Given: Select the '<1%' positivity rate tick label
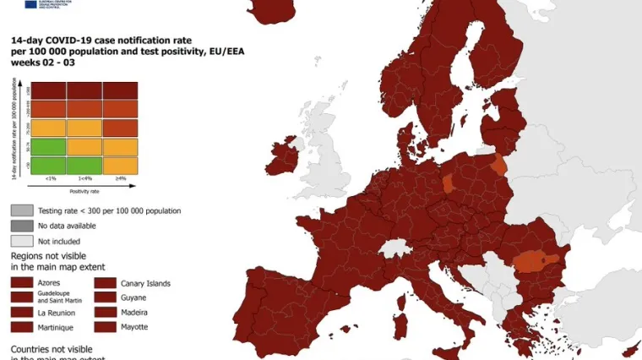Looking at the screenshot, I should [x=50, y=178].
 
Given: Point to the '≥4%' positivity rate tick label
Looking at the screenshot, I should [x=119, y=178].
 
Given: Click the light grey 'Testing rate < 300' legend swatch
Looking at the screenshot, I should [x=22, y=210].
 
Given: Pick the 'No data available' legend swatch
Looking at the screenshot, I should [x=22, y=226].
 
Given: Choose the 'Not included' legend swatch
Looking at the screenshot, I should [x=22, y=241].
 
